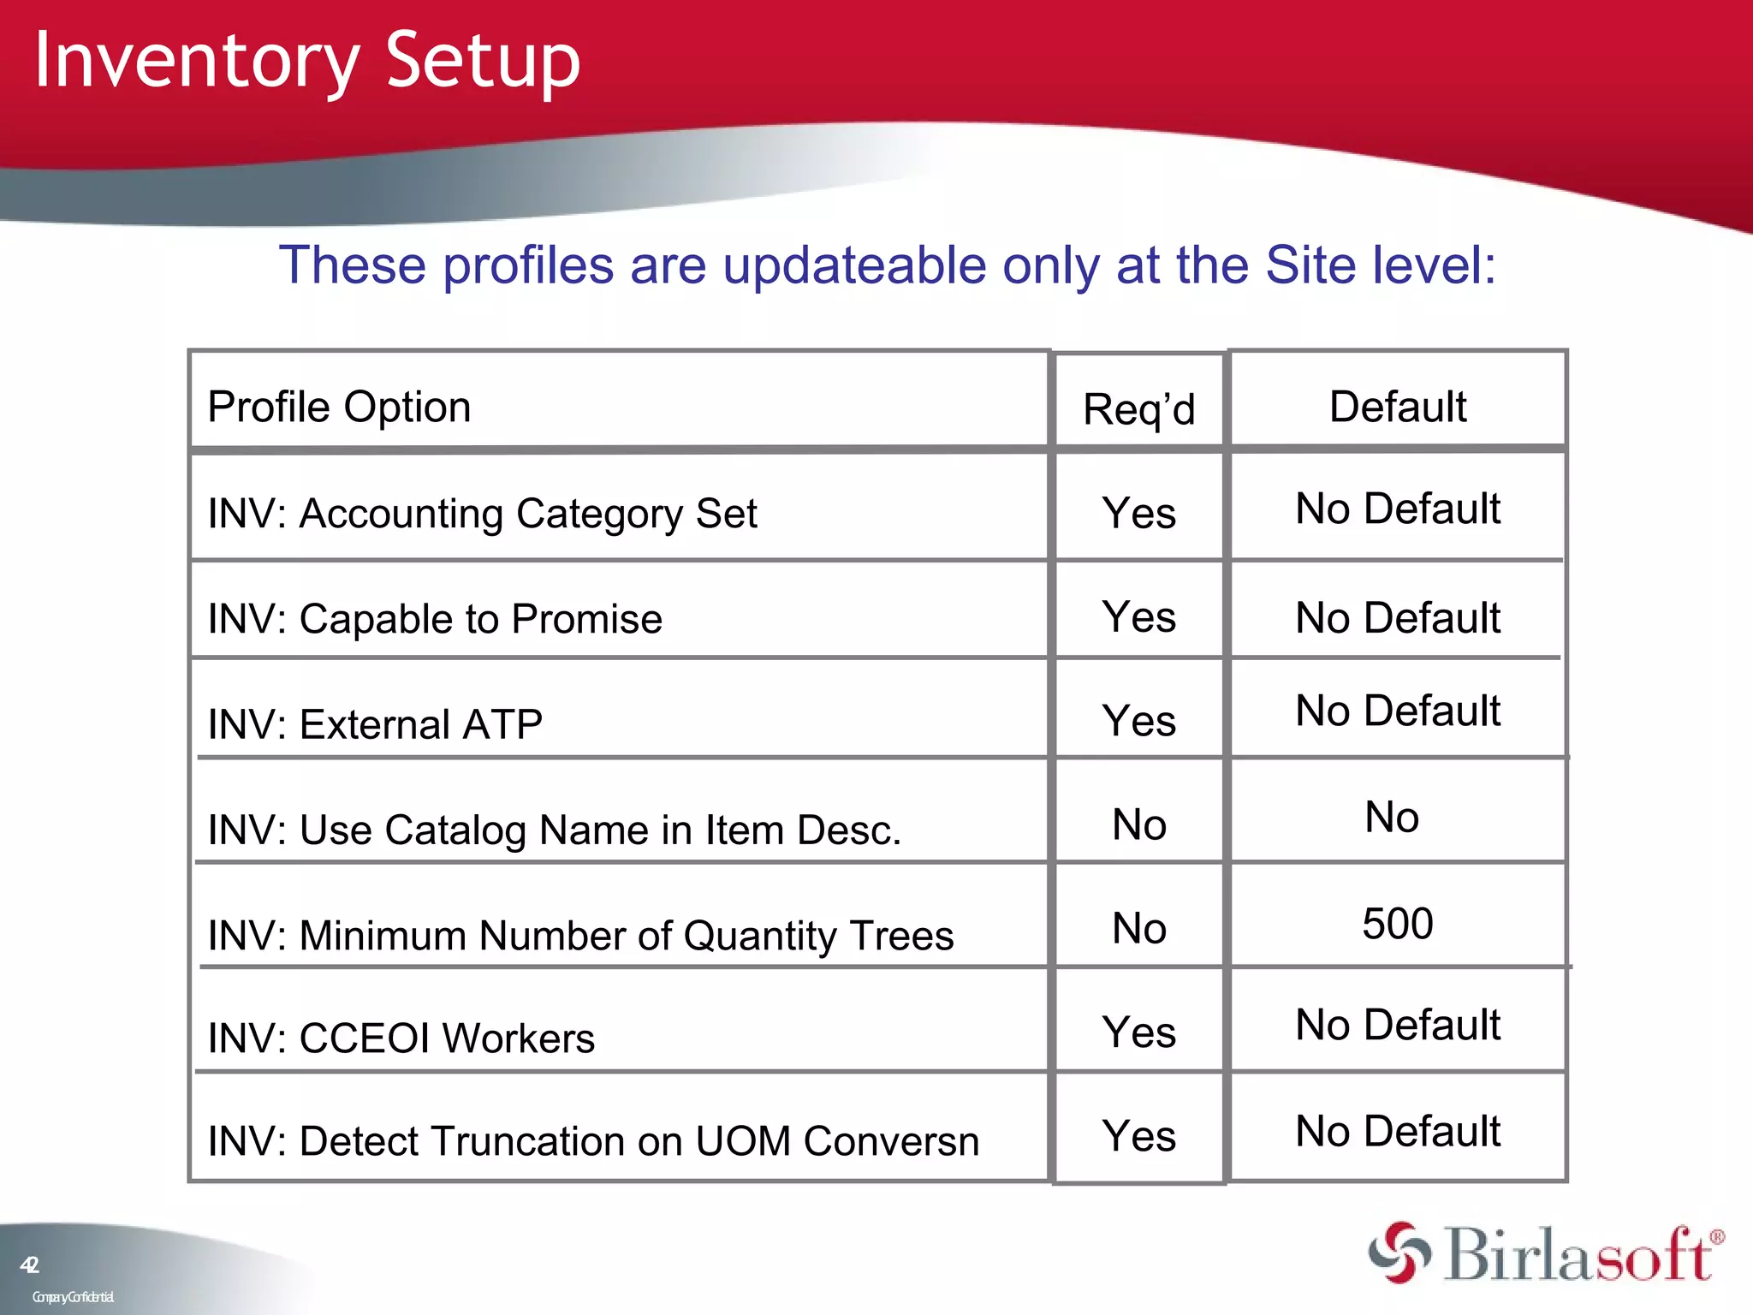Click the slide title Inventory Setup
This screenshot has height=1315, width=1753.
(x=306, y=62)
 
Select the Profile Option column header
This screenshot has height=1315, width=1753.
(x=339, y=407)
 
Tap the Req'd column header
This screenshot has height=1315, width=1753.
(x=1138, y=409)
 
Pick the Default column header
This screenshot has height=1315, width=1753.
(x=1397, y=407)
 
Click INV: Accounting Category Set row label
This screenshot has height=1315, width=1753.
(x=482, y=514)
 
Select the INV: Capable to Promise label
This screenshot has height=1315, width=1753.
(x=435, y=619)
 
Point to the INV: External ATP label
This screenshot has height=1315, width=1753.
(x=375, y=724)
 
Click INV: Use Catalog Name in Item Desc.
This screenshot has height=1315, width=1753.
(x=554, y=830)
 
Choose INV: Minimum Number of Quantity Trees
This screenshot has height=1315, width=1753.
(x=580, y=935)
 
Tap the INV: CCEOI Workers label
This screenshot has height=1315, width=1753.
(x=401, y=1038)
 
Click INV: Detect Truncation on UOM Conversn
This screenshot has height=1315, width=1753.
(x=593, y=1141)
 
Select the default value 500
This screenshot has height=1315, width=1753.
(x=1397, y=924)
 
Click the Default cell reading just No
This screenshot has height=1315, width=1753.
(x=1392, y=817)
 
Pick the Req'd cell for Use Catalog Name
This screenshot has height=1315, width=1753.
(x=1138, y=824)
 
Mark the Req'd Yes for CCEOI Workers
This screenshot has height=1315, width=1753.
(x=1138, y=1032)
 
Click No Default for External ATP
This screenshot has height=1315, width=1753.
(x=1397, y=711)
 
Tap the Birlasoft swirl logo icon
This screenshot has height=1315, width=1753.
(x=1399, y=1253)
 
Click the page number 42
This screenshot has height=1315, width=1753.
(x=29, y=1265)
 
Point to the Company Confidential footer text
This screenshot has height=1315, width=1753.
(x=73, y=1297)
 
